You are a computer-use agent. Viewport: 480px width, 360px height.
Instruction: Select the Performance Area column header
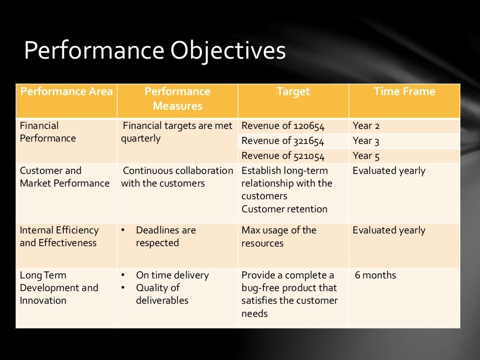(66, 92)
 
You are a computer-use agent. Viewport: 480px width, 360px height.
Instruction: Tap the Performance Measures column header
(177, 99)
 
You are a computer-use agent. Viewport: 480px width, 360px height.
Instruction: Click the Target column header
(293, 92)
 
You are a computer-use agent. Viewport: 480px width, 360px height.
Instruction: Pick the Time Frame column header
(404, 92)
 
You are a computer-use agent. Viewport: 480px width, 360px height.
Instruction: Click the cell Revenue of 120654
(283, 126)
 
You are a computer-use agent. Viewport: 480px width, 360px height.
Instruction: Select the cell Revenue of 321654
(283, 141)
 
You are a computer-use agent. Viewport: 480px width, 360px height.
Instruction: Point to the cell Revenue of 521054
(283, 156)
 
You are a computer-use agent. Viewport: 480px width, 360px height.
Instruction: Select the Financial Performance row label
(47, 132)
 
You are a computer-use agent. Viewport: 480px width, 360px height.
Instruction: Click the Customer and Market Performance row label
(64, 177)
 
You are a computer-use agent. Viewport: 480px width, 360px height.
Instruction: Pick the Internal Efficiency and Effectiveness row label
(59, 237)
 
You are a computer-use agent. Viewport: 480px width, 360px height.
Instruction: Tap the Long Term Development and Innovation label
(59, 288)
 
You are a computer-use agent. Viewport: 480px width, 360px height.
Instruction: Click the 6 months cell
(375, 276)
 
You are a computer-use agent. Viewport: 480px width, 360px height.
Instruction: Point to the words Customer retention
(284, 210)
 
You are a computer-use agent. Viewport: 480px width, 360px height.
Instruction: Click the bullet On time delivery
(172, 276)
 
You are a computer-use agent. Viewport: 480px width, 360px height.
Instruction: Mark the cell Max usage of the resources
(278, 237)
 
